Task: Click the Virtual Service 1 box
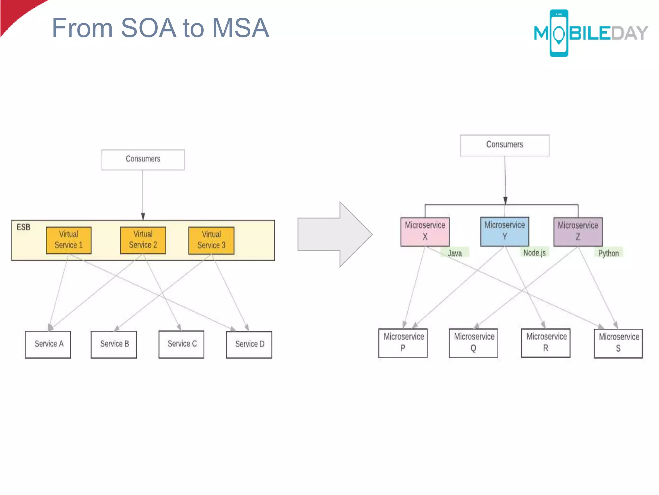(69, 240)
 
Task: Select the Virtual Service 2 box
(143, 240)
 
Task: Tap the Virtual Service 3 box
(211, 240)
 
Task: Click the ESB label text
(23, 227)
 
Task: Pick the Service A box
(48, 344)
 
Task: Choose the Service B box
(114, 344)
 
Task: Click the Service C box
(181, 344)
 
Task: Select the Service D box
(249, 345)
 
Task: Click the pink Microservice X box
(425, 231)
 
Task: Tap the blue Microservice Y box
(505, 231)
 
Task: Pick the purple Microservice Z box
(578, 231)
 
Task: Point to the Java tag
(455, 253)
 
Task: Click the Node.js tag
(534, 253)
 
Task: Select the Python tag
(608, 253)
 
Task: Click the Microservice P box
(403, 343)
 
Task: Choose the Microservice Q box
(473, 343)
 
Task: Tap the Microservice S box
(618, 343)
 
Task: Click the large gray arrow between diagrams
(335, 234)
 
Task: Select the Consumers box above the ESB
(143, 160)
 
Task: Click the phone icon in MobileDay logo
(559, 33)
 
